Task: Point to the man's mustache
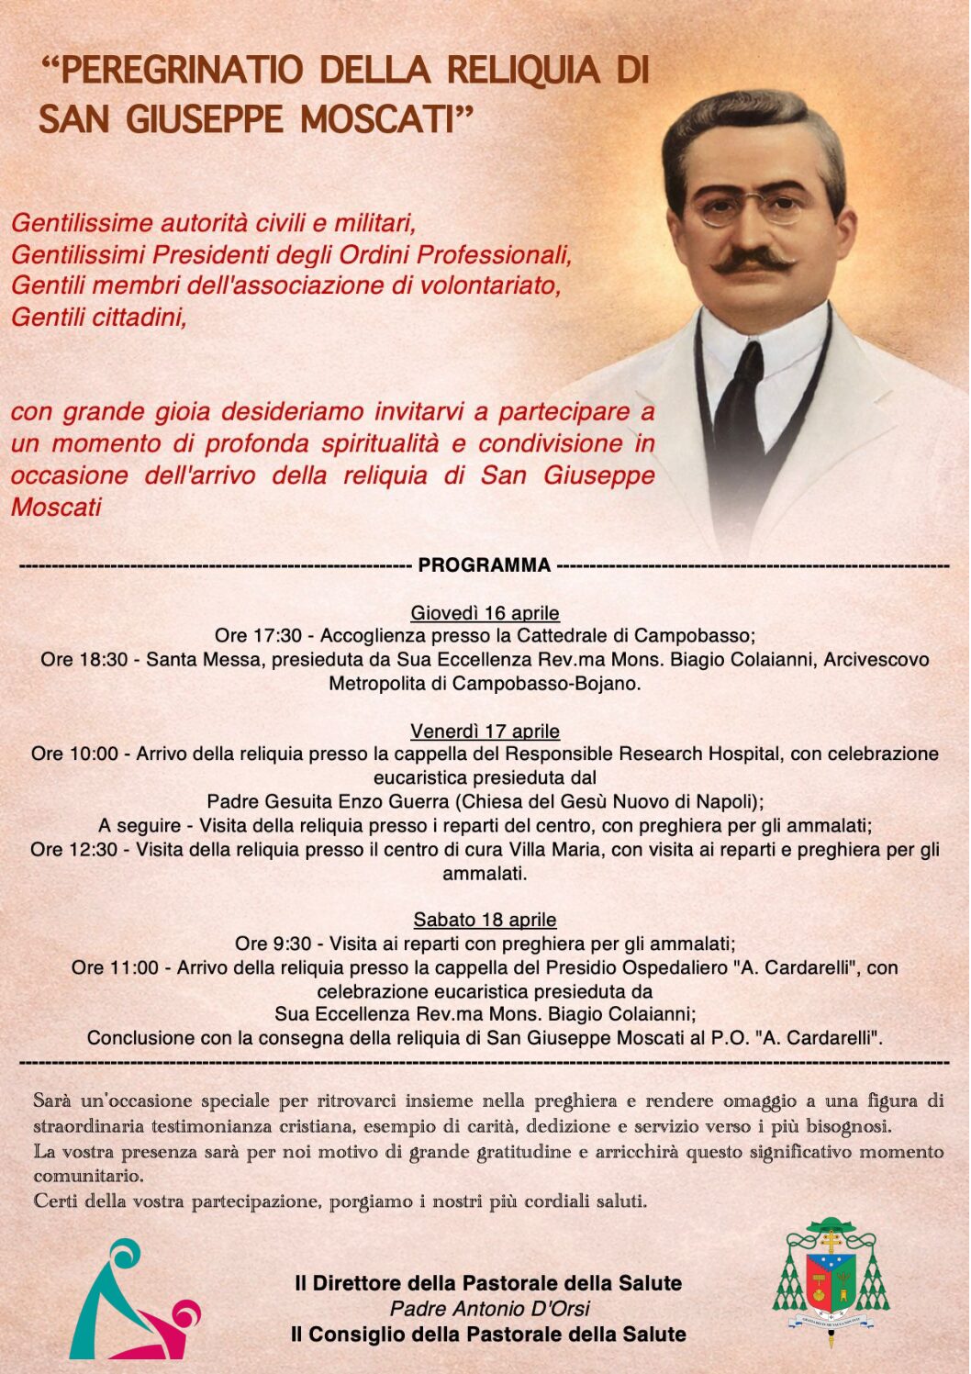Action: pyautogui.click(x=753, y=262)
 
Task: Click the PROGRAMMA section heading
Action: pyautogui.click(x=484, y=565)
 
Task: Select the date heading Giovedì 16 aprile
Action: pyautogui.click(x=485, y=613)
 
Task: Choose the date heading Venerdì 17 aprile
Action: pyautogui.click(x=485, y=732)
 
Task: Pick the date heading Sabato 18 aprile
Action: pyautogui.click(x=485, y=920)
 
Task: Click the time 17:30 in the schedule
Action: pyautogui.click(x=276, y=636)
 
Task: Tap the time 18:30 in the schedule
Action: pyautogui.click(x=102, y=660)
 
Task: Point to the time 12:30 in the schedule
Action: pyautogui.click(x=92, y=850)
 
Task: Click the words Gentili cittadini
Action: pyautogui.click(x=99, y=318)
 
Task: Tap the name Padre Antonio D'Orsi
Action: pyautogui.click(x=489, y=1309)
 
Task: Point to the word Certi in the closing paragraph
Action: pyautogui.click(x=56, y=1201)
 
